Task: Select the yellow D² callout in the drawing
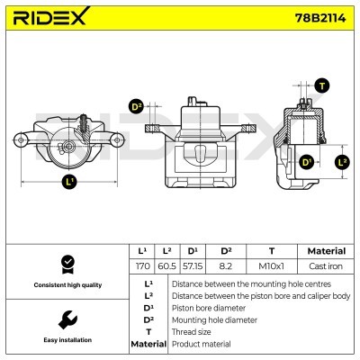coord(137,107)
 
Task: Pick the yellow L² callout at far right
coord(341,162)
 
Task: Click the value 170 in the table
coord(141,266)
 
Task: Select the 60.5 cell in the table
coord(167,266)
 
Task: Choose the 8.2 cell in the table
coord(226,266)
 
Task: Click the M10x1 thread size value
coord(271,266)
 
